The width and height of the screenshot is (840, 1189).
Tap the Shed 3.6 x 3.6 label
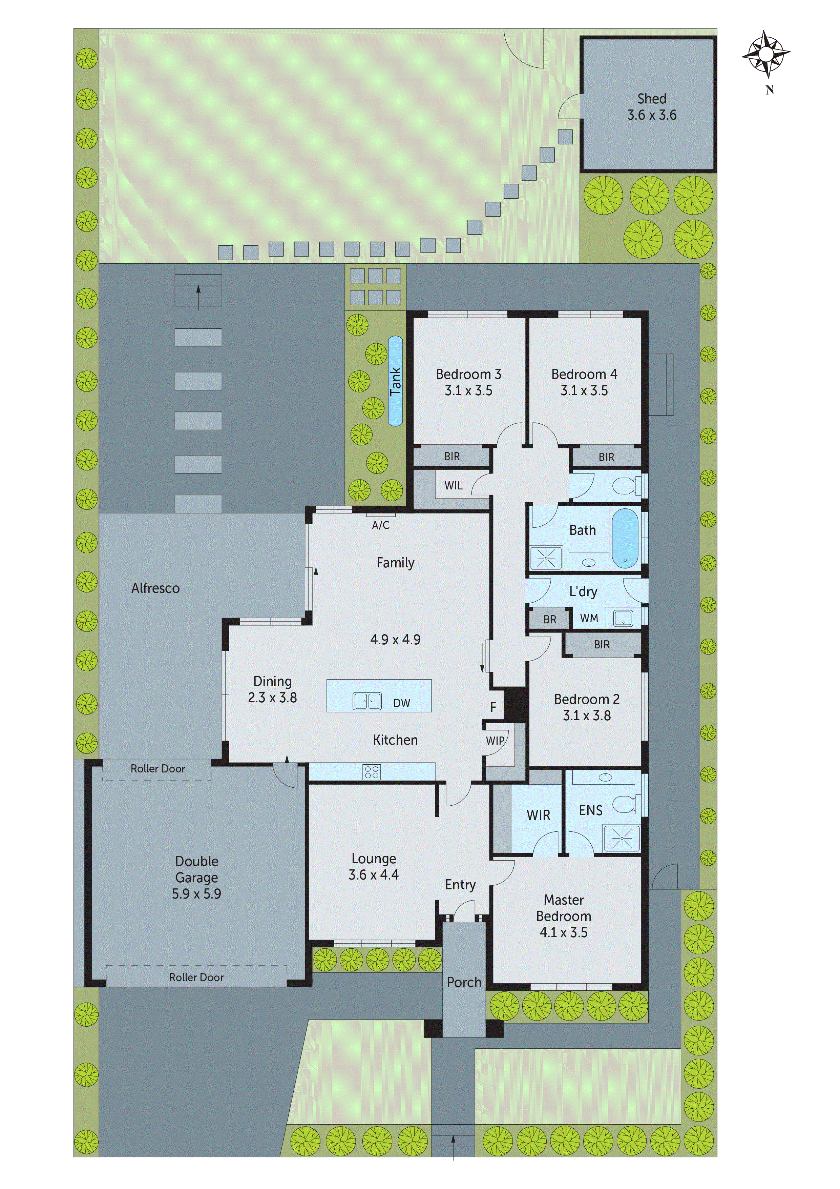[x=652, y=107]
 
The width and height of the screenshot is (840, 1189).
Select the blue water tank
[x=395, y=381]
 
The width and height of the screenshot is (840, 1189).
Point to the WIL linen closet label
[x=454, y=486]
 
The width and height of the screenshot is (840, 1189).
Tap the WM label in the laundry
[x=589, y=618]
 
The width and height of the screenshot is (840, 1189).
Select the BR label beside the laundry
[x=550, y=619]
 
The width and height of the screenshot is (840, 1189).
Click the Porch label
[x=464, y=982]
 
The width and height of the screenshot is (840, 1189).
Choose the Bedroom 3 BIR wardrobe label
[x=452, y=456]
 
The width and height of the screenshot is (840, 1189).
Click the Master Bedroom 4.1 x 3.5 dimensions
[x=564, y=933]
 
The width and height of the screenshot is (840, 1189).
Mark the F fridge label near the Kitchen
[x=493, y=707]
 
